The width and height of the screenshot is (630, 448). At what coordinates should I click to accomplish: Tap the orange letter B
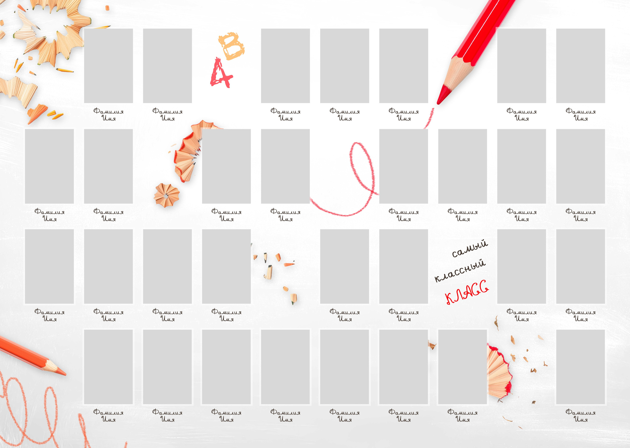pos(231,46)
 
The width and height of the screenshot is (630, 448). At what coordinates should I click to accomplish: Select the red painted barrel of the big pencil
pos(486,30)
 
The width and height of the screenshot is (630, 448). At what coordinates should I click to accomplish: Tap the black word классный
pos(460,270)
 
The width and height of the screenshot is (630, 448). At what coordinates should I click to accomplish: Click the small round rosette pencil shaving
pos(166,195)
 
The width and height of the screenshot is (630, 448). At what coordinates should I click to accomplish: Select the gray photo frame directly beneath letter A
pos(226,166)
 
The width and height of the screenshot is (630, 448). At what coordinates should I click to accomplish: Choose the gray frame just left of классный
pos(404,267)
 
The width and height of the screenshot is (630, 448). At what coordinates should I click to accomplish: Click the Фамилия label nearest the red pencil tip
pos(404,111)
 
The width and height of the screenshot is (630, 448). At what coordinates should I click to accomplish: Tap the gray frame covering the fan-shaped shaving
pos(463,367)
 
